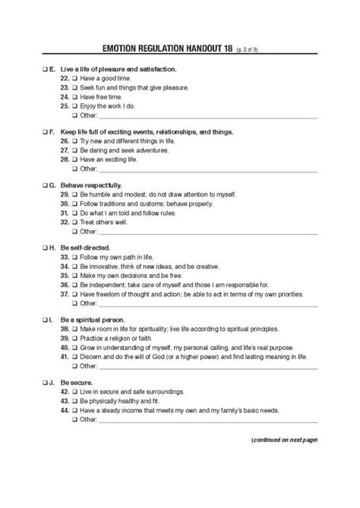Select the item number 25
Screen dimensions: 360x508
[63, 106]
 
